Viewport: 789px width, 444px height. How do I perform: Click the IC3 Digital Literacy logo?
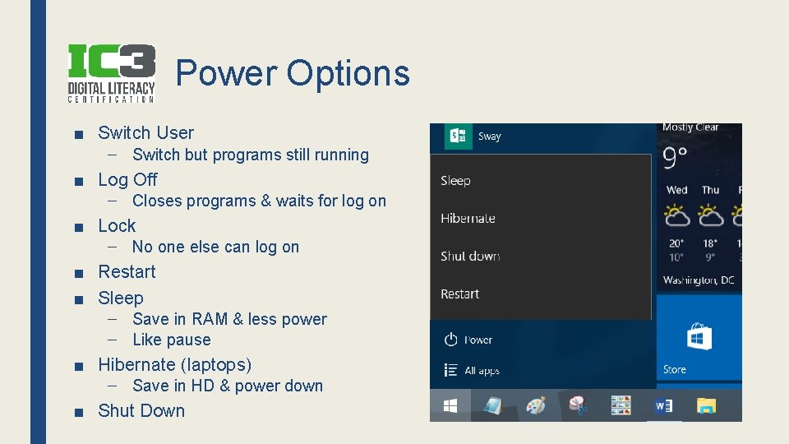click(111, 73)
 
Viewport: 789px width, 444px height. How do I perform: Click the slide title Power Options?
click(293, 73)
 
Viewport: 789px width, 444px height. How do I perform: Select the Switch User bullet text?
click(145, 133)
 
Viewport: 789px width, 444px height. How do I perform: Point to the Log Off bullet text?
click(127, 179)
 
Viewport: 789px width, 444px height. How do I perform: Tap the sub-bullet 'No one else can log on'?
click(215, 247)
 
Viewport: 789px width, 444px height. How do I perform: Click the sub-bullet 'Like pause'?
click(171, 340)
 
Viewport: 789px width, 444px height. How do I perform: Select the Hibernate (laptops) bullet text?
click(174, 364)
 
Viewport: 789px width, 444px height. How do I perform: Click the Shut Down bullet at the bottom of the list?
click(141, 410)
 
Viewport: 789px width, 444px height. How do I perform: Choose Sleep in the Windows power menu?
click(455, 181)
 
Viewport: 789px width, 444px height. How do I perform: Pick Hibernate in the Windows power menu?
click(468, 219)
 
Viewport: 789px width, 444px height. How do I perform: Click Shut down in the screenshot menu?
click(470, 257)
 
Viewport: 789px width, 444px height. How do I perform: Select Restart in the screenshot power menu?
click(459, 294)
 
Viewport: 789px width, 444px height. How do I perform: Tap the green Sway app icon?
click(458, 136)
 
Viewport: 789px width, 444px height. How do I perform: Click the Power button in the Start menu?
click(468, 340)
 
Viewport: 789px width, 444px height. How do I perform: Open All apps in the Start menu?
click(472, 371)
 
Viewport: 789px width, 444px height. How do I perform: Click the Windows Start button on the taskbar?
click(450, 406)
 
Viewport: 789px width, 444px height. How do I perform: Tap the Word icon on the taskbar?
click(663, 406)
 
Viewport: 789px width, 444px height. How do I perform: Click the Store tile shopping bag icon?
click(699, 338)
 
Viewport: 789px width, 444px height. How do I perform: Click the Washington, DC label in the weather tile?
click(699, 280)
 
